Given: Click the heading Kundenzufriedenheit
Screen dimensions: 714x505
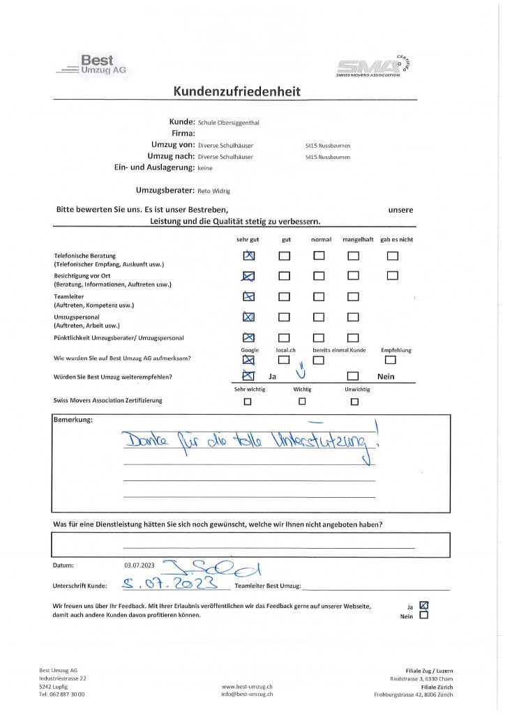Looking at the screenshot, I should pos(237,92).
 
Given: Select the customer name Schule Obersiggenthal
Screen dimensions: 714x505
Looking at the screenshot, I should pos(228,122).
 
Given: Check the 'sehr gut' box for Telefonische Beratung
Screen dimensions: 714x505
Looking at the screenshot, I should pos(249,256).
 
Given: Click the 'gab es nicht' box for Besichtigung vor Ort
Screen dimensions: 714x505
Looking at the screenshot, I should pos(393,275).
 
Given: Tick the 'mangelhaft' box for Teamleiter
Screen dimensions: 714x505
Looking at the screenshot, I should pos(354,297).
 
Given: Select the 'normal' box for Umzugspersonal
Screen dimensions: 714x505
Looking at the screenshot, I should pos(319,317).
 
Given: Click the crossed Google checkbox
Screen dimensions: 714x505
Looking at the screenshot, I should pos(248,360).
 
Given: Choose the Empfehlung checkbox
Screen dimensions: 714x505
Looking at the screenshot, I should pos(391,360).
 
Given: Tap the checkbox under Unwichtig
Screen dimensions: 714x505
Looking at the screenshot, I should pos(354,402).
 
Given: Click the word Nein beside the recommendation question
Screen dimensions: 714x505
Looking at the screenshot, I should pos(386,377).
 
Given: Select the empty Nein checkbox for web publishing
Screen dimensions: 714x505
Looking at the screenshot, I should pos(423,616).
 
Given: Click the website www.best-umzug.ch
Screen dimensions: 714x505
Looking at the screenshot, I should pos(247,687).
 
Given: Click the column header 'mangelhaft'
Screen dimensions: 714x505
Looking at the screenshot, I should pos(358,240).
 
